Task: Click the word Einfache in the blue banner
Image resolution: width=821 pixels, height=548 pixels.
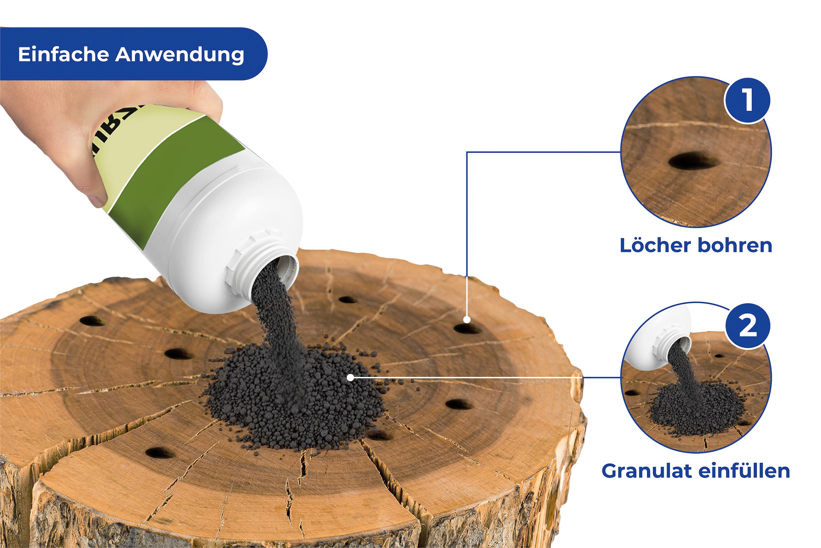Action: coord(64,54)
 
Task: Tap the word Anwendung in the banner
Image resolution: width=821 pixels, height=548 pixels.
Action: coord(180,55)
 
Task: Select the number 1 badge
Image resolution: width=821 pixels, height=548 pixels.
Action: coord(747,100)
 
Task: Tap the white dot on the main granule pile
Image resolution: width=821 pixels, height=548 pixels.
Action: coord(350,378)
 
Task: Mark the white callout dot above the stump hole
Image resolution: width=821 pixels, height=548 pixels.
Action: coord(467,320)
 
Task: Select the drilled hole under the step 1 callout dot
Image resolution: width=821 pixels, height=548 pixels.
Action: coord(467,329)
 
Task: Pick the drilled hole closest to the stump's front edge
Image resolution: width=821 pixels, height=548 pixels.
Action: coord(159,453)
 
